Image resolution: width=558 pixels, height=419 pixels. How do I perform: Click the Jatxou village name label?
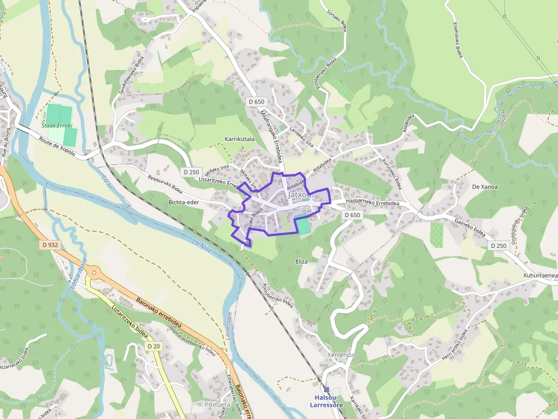pyautogui.click(x=300, y=194)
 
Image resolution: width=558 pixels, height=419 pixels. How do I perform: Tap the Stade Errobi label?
pyautogui.click(x=57, y=125)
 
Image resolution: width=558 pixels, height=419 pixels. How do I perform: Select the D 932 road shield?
pyautogui.click(x=50, y=245)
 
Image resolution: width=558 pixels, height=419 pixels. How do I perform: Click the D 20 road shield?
pyautogui.click(x=154, y=346)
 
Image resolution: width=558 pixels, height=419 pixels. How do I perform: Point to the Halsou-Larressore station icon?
pyautogui.click(x=326, y=389)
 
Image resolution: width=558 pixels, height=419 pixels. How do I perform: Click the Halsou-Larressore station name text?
pyautogui.click(x=326, y=401)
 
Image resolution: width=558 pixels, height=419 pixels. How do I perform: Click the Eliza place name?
pyautogui.click(x=302, y=262)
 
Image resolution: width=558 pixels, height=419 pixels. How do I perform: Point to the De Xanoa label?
pyautogui.click(x=485, y=186)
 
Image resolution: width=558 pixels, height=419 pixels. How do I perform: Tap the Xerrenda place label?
pyautogui.click(x=340, y=355)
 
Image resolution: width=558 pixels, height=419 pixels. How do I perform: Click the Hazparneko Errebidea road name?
pyautogui.click(x=372, y=203)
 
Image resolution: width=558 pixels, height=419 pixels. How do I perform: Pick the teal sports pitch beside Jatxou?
pyautogui.click(x=305, y=226)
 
